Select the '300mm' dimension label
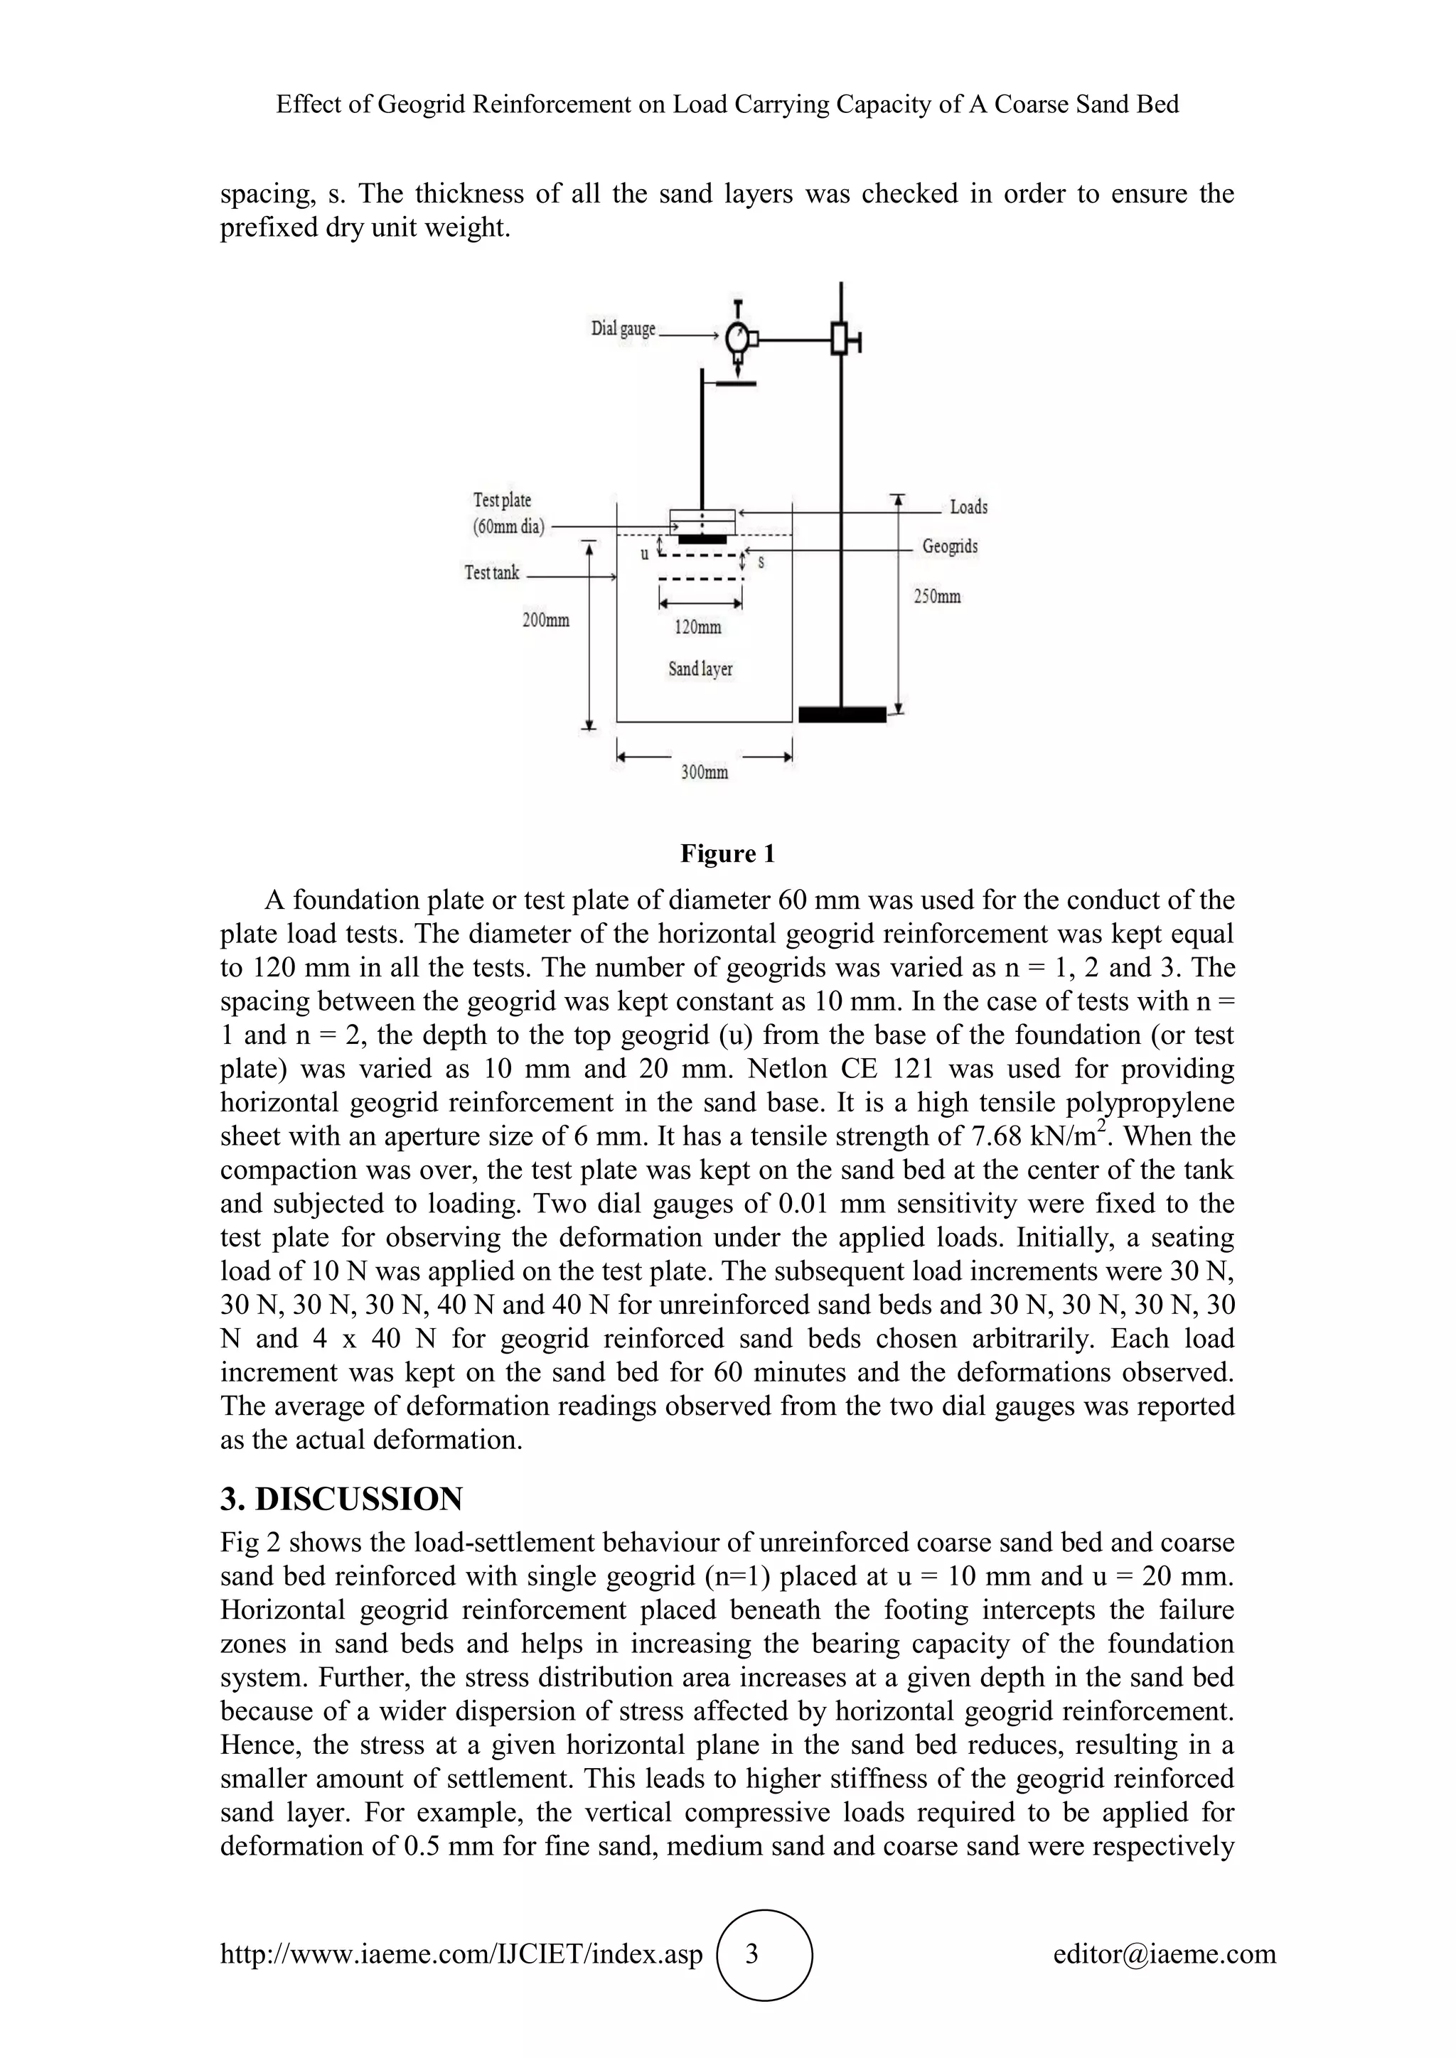[704, 772]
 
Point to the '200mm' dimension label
[545, 620]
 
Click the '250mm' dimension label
[937, 596]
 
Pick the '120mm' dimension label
[697, 627]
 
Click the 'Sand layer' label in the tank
[700, 669]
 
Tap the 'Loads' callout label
[968, 507]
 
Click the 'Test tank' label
[491, 572]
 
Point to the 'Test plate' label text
[502, 500]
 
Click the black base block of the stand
[842, 714]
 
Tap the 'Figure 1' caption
[727, 853]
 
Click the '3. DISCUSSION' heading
[341, 1499]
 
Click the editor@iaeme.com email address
[1164, 1954]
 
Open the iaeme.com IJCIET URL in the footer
[461, 1954]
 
